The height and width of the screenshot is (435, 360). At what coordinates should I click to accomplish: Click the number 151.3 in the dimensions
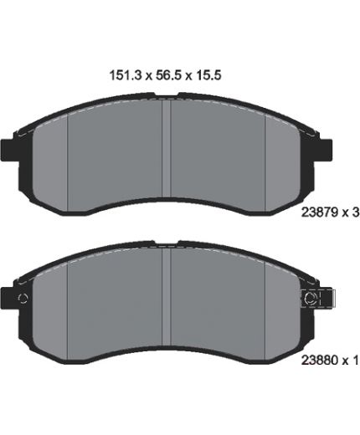(126, 75)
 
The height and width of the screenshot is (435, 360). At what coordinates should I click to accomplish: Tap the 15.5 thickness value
(208, 75)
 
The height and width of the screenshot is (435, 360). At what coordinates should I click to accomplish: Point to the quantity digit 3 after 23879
(355, 212)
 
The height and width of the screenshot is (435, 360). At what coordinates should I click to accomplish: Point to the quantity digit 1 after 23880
(355, 361)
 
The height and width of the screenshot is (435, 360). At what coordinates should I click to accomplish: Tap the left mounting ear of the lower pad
(9, 298)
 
